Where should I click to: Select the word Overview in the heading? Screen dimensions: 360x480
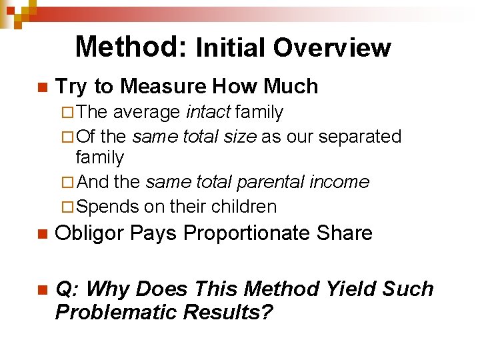click(331, 48)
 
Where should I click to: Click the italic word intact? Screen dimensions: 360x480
click(207, 113)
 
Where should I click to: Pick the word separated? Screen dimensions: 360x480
click(360, 137)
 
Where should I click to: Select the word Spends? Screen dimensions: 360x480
click(107, 207)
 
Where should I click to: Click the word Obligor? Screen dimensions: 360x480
click(90, 233)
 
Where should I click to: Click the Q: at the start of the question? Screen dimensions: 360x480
click(67, 289)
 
